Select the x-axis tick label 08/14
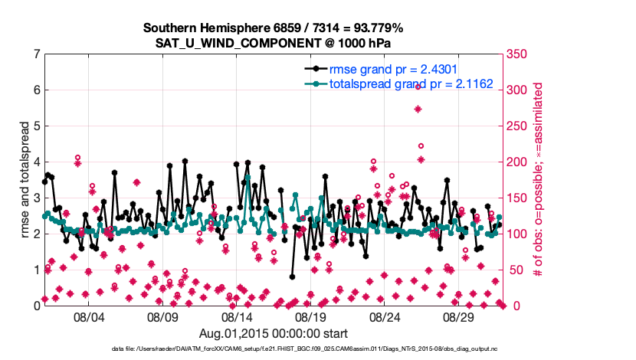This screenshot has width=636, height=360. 237,316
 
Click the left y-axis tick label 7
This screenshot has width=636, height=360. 36,54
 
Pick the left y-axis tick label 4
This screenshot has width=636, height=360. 36,162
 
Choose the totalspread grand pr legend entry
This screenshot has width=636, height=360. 410,83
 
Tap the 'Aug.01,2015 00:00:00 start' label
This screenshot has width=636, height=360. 274,333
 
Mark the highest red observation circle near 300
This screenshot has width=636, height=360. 418,87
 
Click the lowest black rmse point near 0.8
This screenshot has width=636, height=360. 292,277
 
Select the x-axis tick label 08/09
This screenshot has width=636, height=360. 162,316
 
